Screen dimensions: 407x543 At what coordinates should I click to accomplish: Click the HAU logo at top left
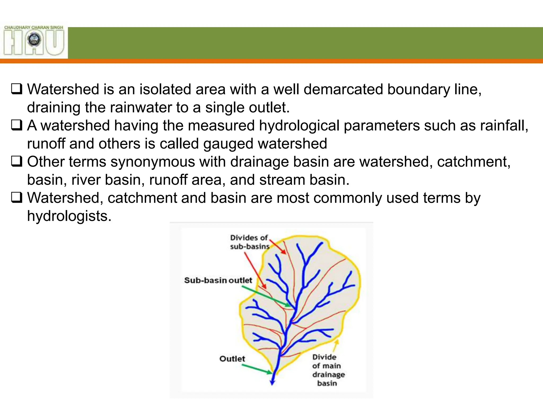tap(34, 41)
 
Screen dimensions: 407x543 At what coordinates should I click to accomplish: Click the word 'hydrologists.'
tap(69, 216)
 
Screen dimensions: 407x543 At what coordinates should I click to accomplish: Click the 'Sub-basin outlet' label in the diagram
tap(218, 280)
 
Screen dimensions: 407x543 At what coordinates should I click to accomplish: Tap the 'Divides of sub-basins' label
tap(249, 242)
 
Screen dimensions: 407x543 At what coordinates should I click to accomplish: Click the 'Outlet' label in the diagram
tap(232, 359)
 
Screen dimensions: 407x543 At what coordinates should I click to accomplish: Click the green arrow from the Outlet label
tap(257, 369)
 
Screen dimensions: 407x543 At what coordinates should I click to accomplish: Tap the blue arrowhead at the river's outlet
tap(272, 382)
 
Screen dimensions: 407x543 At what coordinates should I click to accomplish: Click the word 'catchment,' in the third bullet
tap(474, 162)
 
